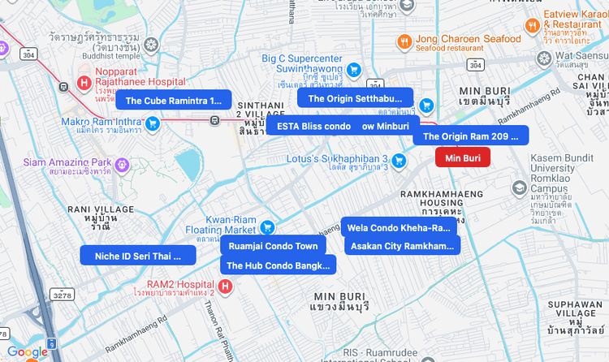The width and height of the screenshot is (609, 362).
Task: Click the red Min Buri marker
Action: [463, 157]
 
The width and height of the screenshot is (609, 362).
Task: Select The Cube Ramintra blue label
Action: [174, 101]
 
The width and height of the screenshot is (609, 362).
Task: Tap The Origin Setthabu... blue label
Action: [355, 98]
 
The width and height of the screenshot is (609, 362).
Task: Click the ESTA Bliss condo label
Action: [313, 126]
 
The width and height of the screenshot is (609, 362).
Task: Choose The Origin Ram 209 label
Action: [470, 136]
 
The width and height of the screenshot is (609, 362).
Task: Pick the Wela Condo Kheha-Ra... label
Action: [400, 227]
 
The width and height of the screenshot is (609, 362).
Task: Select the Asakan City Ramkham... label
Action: [402, 245]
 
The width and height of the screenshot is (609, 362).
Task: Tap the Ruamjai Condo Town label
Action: [273, 246]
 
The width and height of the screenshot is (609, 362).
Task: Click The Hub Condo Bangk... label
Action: [278, 265]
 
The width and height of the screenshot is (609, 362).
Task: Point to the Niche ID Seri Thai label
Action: [138, 256]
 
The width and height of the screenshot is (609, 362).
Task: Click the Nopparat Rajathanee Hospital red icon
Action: [83, 83]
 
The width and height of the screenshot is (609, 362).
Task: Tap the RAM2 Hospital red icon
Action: [225, 286]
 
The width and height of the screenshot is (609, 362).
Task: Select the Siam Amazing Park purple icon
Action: [122, 165]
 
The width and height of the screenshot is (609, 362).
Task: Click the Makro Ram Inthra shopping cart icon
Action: [152, 123]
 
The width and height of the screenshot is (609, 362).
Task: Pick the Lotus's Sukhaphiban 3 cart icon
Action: [399, 161]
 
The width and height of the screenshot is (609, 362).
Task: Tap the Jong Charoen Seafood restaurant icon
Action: [404, 41]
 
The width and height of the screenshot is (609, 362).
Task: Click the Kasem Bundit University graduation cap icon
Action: [518, 187]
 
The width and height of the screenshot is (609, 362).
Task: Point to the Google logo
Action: [28, 351]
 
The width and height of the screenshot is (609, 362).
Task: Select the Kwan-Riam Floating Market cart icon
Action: [266, 226]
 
